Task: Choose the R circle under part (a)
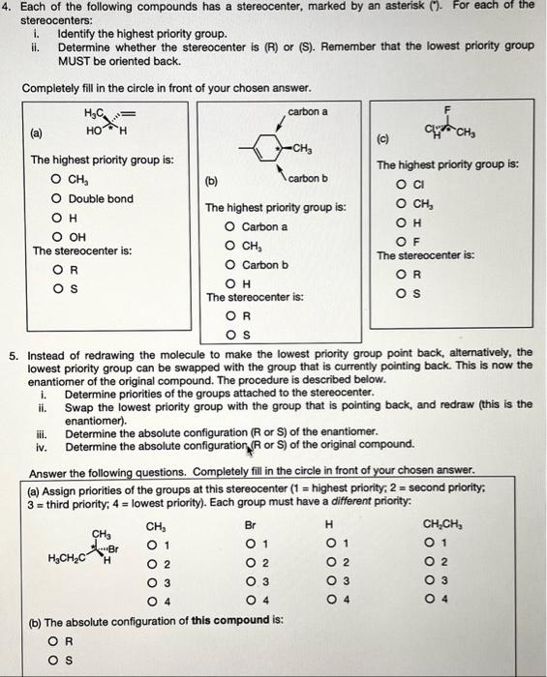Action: [45, 270]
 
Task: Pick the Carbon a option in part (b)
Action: [229, 227]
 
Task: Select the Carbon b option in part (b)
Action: [229, 265]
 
